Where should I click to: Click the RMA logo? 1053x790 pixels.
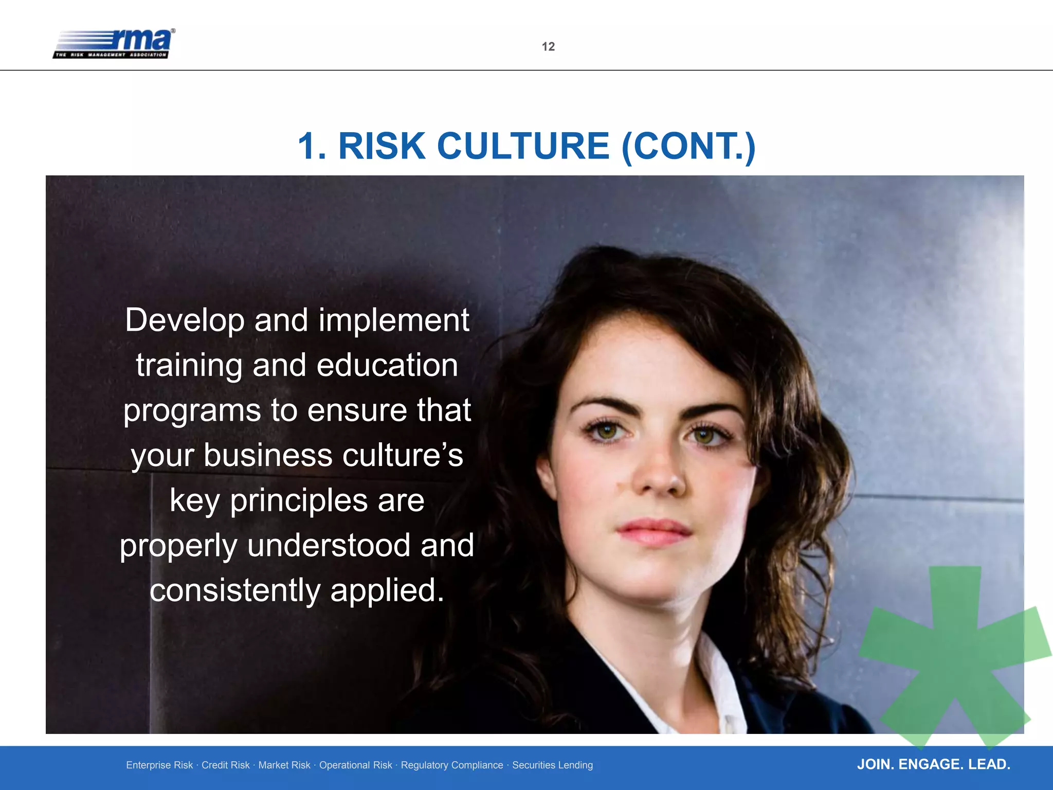coord(114,44)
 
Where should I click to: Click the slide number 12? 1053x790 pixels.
coord(548,47)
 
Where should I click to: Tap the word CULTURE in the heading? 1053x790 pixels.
coord(523,146)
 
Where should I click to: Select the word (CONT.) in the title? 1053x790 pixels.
coord(688,147)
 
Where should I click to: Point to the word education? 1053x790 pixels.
coord(387,366)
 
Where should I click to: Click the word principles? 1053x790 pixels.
coord(298,501)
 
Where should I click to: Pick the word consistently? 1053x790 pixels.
coord(235,590)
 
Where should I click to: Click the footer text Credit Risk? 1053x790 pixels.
coord(225,765)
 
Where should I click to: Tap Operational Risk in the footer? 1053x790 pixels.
coord(355,765)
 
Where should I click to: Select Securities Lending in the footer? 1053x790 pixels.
coord(552,765)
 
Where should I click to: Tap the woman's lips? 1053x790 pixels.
coord(654,531)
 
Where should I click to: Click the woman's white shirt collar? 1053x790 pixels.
coord(720,684)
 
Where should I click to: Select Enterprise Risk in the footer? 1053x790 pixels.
coord(159,765)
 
